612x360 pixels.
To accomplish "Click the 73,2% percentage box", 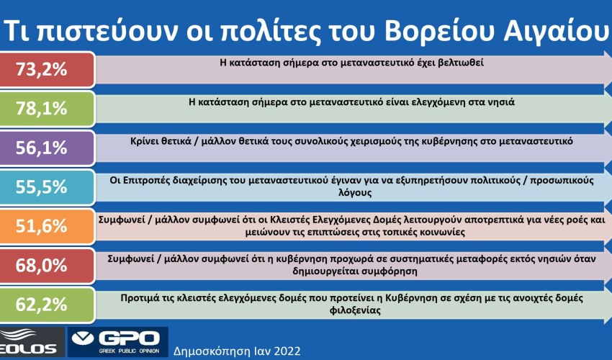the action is pos(47,70).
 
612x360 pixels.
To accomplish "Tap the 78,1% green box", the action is pos(47,109).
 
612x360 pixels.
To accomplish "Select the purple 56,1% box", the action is pos(47,148).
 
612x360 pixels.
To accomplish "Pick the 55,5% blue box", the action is pos(47,187).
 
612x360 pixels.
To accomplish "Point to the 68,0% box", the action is pos(47,266).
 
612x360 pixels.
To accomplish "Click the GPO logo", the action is pos(118,342).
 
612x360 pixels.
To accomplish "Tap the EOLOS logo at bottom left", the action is pos(31,342).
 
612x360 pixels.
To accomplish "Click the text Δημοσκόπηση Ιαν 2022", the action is pos(237,351).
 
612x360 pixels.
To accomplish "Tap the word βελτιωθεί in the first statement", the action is pos(459,63).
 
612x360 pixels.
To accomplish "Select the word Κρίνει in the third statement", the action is pos(145,141).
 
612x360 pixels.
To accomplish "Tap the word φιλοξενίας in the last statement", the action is pos(355,311).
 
